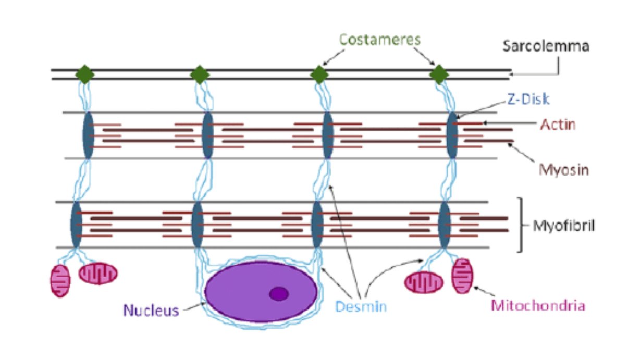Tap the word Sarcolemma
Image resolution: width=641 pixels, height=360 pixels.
coord(546,46)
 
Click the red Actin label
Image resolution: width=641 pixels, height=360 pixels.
coord(558,125)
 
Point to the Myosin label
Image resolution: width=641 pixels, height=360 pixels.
coord(564,170)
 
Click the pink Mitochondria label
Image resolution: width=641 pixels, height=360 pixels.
coord(538,305)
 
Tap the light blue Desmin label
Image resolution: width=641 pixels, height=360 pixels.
coord(361,306)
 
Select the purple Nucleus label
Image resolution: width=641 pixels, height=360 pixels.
coord(151,311)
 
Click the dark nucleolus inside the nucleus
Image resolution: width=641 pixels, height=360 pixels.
coord(279,294)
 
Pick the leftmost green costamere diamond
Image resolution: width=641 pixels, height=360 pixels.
coord(84,75)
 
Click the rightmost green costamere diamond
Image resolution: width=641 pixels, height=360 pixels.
coord(439,75)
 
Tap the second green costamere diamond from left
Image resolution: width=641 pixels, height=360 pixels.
coord(200,75)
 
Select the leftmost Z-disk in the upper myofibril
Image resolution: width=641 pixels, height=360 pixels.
coord(88,135)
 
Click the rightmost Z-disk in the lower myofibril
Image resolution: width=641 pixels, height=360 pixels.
coord(444,225)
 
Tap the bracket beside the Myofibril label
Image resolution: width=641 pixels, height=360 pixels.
coord(520,225)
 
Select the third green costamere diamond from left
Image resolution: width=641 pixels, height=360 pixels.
coord(319,75)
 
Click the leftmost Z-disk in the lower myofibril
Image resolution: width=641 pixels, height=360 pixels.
coord(76,225)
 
